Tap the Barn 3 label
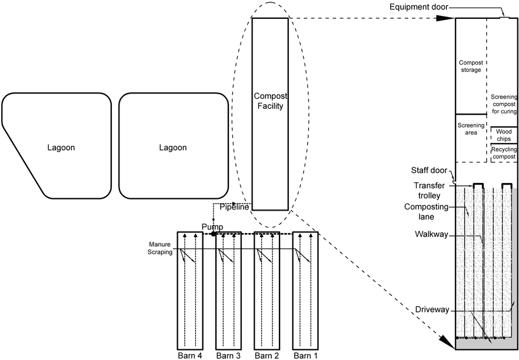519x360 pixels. pos(227,355)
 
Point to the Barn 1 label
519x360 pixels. pos(305,355)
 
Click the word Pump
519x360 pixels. pos(212,226)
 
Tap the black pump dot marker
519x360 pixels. pos(213,234)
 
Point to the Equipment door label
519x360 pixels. pos(419,7)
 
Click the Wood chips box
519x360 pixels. pos(504,135)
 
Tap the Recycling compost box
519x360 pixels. pos(504,153)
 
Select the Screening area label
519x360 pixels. pos(471,129)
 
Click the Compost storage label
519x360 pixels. pos(470,66)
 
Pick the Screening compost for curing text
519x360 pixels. pos(503,103)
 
